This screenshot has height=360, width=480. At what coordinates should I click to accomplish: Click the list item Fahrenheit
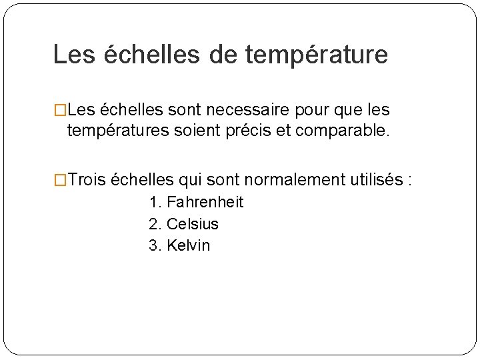[205, 202]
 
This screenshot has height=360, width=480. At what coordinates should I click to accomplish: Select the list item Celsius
[193, 224]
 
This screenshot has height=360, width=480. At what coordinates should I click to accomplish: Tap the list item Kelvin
[188, 245]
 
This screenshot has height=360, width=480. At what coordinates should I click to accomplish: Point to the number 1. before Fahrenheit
[156, 202]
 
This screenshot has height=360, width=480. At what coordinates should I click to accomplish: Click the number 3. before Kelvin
[156, 245]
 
